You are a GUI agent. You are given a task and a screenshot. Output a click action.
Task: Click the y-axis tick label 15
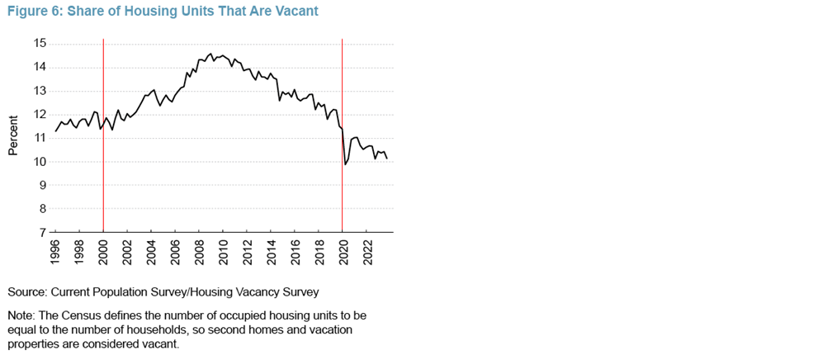39,43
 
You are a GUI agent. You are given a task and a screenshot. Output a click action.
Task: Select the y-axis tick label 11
39,138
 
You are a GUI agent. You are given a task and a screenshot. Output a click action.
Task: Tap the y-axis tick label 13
39,91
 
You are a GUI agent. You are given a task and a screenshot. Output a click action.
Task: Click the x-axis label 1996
55,250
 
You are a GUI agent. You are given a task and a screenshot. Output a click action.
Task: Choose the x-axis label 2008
199,250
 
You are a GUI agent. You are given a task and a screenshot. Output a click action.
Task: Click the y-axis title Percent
14,138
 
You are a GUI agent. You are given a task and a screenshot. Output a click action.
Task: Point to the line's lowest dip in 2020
345,164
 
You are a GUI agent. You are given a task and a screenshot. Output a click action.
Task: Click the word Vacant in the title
296,12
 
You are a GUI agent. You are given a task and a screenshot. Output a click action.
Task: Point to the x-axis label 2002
127,250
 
